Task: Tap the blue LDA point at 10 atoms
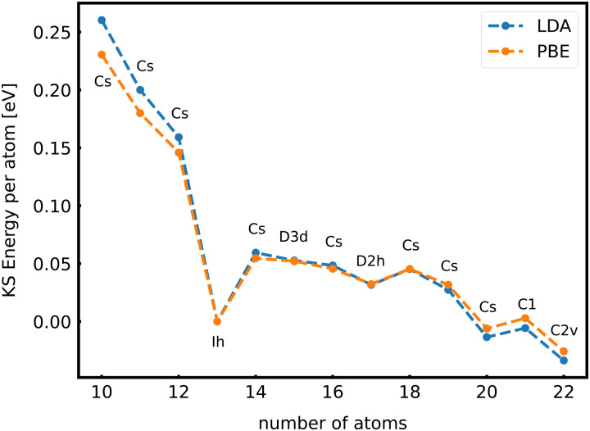click(x=102, y=20)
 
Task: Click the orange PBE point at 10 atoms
click(x=102, y=55)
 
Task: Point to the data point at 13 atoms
click(x=217, y=321)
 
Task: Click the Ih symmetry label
click(x=217, y=342)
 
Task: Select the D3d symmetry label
click(x=293, y=238)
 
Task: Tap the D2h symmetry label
click(x=370, y=261)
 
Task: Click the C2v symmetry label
click(x=563, y=330)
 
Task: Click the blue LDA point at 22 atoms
click(x=563, y=360)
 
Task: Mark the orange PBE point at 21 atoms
click(x=525, y=318)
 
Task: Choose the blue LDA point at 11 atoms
click(x=140, y=90)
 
